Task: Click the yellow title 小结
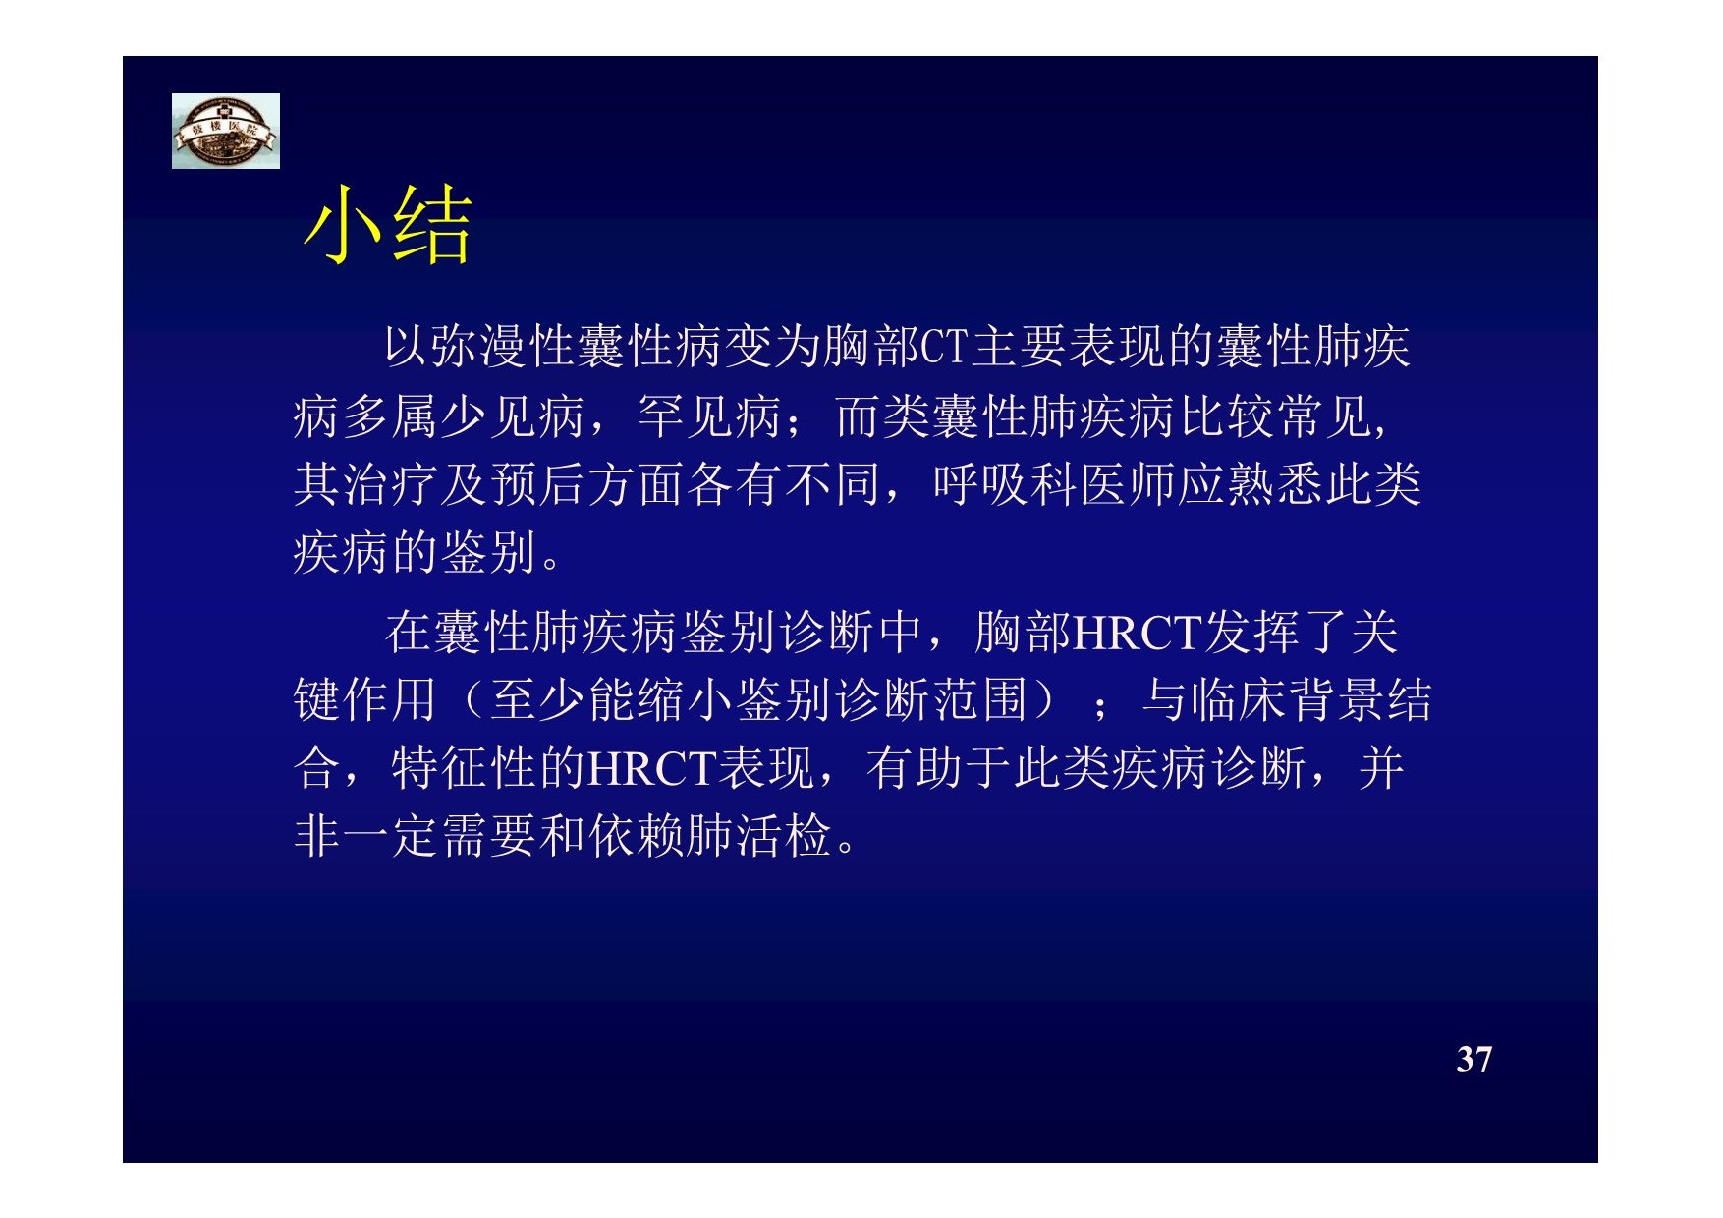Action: tap(387, 225)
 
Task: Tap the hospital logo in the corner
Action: tap(226, 131)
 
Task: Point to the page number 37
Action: tap(1474, 1059)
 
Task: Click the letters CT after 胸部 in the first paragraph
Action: tap(944, 347)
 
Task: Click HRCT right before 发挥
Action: tap(1138, 633)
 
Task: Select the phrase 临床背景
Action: tap(1287, 700)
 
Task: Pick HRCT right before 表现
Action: tap(651, 769)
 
